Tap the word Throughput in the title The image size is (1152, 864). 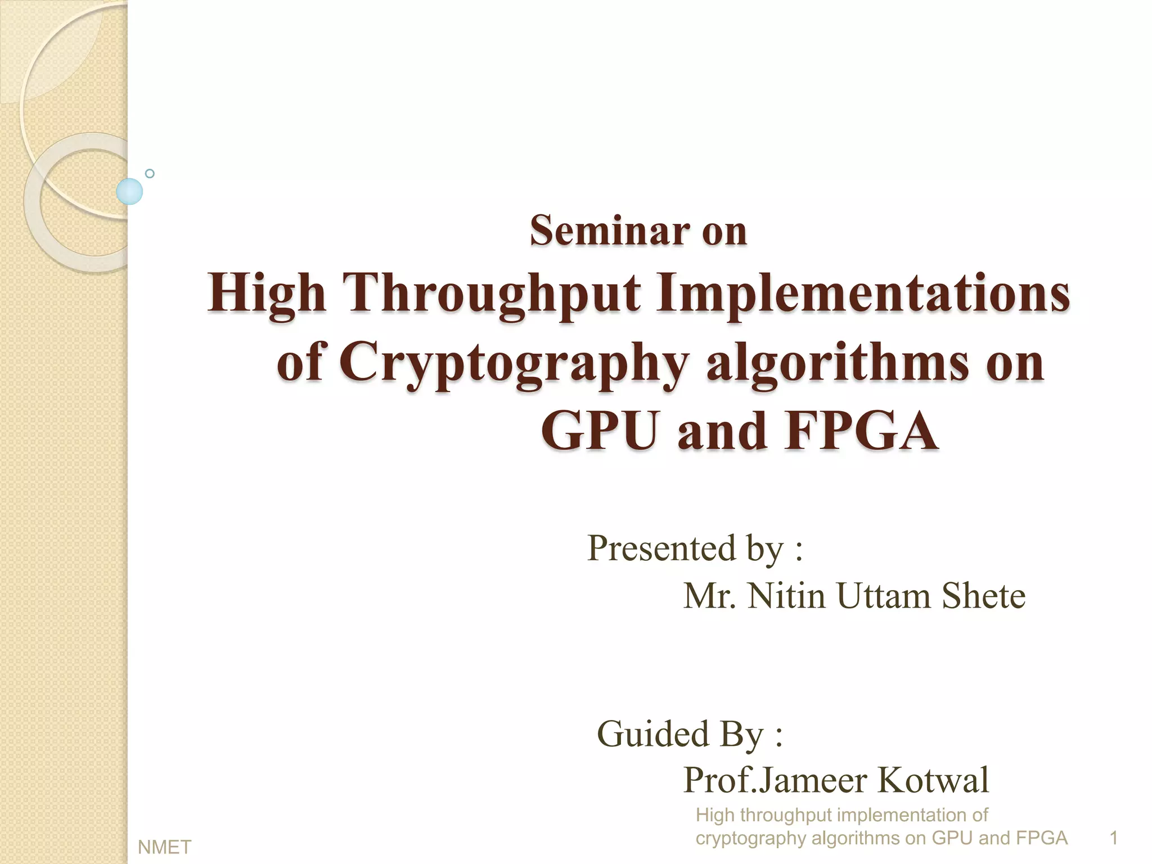(x=494, y=294)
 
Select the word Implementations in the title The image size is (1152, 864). (x=863, y=294)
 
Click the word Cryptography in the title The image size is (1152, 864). (x=514, y=363)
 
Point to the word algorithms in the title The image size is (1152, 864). (x=838, y=363)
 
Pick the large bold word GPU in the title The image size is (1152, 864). (x=600, y=431)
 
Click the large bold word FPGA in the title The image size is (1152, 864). (x=861, y=431)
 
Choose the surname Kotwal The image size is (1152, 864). (x=932, y=780)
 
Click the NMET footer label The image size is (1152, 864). (x=164, y=847)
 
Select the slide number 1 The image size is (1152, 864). (x=1113, y=838)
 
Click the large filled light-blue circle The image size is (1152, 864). (x=129, y=191)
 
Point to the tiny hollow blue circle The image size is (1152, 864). (x=150, y=173)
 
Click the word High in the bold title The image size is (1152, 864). (x=267, y=294)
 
